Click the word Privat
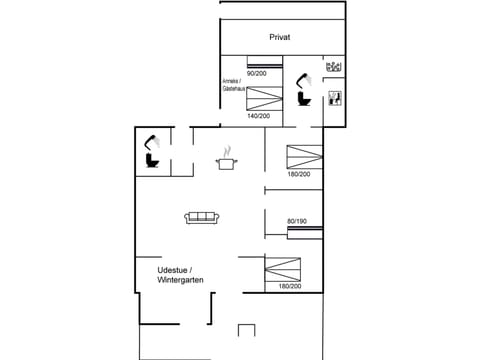[x=281, y=36]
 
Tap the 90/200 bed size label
[x=257, y=73]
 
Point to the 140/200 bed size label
[x=258, y=115]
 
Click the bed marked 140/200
[x=262, y=98]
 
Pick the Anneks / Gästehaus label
[x=234, y=86]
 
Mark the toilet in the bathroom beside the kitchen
[x=153, y=160]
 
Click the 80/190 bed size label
[x=298, y=221]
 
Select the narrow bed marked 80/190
[x=305, y=234]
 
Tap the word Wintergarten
[x=180, y=281]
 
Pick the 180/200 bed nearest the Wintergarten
[x=283, y=269]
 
